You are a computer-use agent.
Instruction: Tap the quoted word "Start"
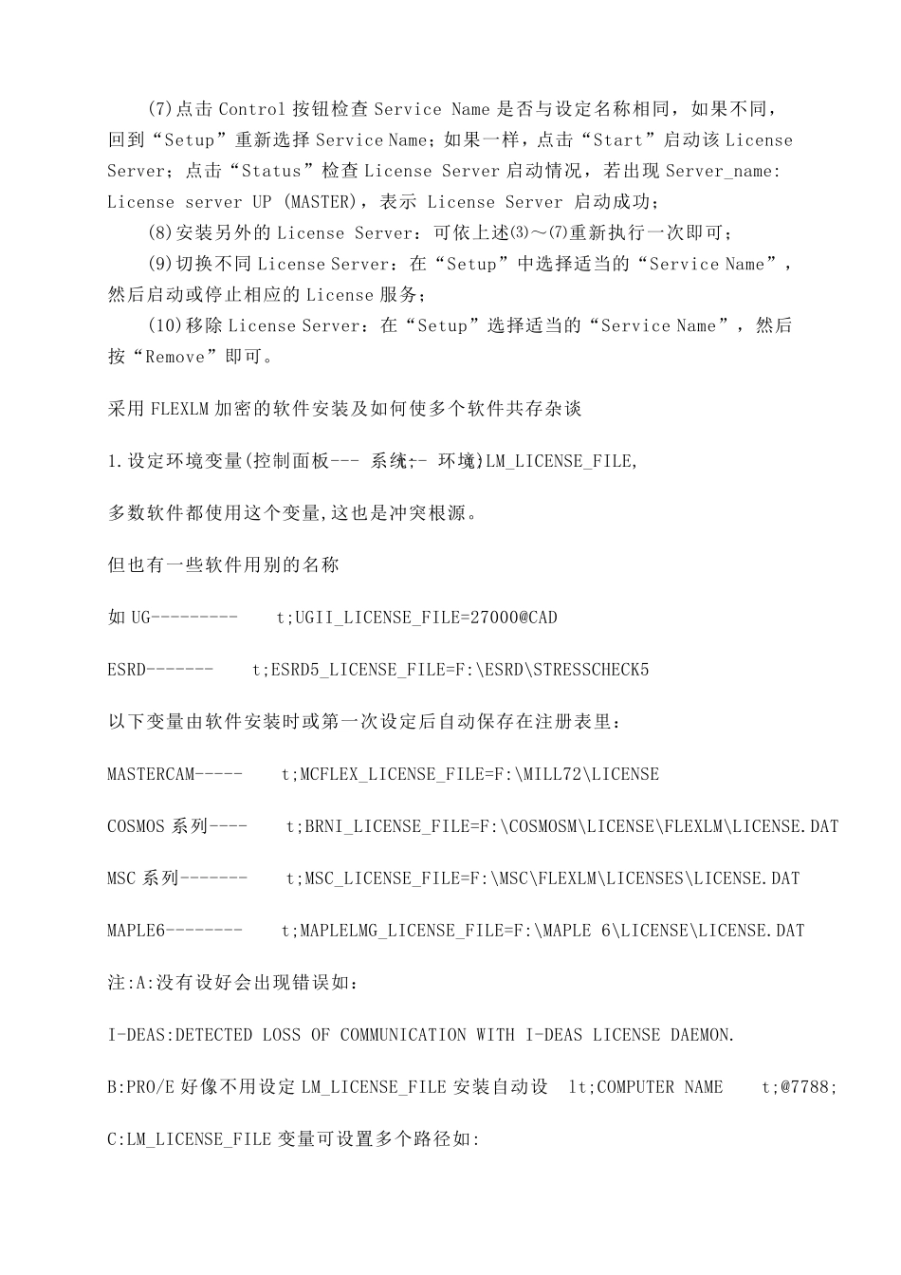[x=617, y=140]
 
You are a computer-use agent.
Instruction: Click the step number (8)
[x=161, y=233]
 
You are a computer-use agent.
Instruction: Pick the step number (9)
[x=161, y=265]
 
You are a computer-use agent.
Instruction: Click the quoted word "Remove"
[x=177, y=358]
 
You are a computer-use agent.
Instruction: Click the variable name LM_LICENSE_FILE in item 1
[x=560, y=462]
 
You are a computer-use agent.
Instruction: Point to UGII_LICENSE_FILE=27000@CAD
[x=426, y=618]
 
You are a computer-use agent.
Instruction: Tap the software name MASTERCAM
[x=151, y=774]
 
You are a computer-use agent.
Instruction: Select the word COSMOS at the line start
[x=136, y=826]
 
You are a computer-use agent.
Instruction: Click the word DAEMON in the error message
[x=702, y=1035]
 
